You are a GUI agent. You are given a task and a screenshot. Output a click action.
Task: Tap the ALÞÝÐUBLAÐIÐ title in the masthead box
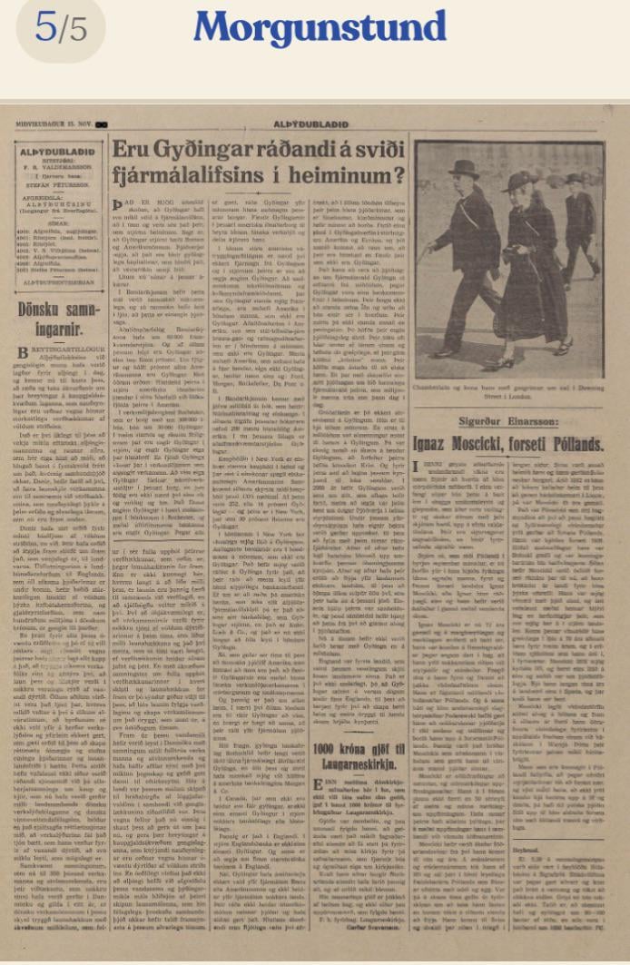tap(57, 154)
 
